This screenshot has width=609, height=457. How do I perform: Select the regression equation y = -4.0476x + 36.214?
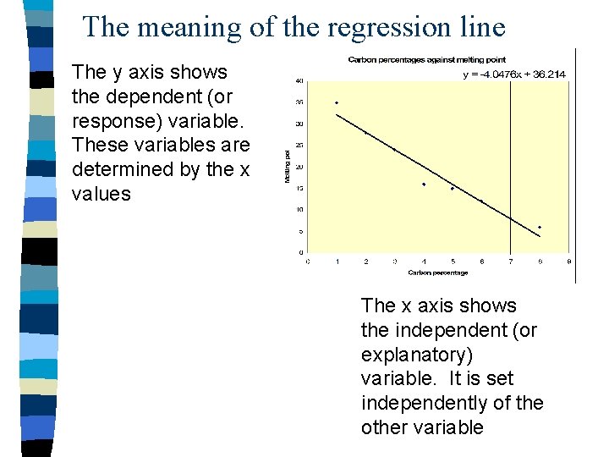click(514, 74)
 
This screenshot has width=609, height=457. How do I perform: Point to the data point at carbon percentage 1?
click(337, 102)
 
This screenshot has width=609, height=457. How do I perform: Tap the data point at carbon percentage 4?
click(424, 184)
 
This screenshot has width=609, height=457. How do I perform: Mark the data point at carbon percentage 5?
click(453, 189)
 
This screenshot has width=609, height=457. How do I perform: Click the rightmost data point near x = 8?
click(540, 227)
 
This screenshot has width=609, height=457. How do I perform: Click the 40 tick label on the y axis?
click(299, 81)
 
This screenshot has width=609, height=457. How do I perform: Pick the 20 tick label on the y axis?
click(299, 167)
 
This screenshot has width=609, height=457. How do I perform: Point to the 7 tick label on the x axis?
click(511, 262)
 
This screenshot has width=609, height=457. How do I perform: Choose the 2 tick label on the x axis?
click(365, 262)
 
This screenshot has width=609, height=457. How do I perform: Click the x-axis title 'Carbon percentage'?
click(437, 273)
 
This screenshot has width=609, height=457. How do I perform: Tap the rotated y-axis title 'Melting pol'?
click(288, 167)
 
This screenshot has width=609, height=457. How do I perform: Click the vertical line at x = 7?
click(510, 169)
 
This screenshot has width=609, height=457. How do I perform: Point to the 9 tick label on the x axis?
click(568, 262)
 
